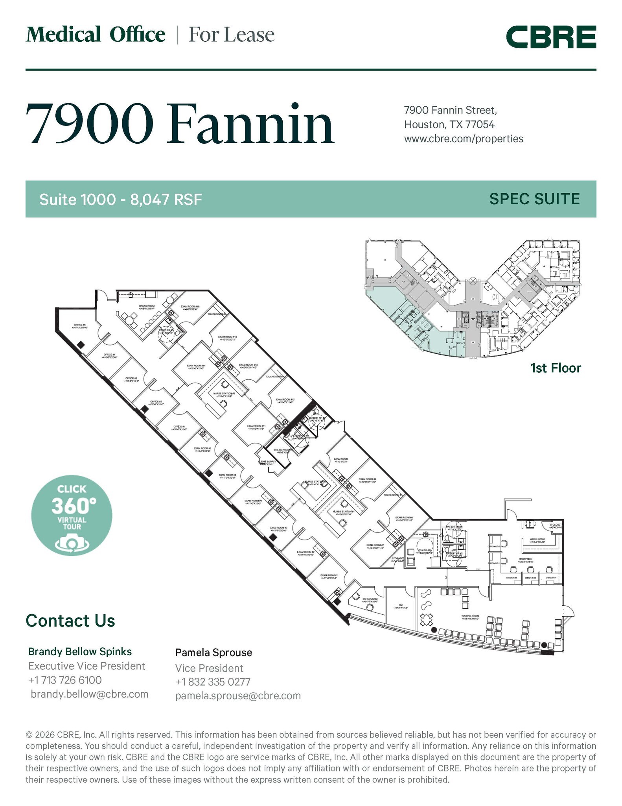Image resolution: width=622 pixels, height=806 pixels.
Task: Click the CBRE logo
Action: click(x=550, y=37)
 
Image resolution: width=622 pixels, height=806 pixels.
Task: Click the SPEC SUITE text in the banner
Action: click(x=534, y=199)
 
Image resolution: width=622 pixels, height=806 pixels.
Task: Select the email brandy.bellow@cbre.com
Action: click(x=90, y=694)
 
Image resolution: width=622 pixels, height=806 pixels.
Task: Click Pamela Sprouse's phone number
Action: click(x=213, y=682)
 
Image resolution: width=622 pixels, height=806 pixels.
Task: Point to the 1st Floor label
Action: click(x=555, y=368)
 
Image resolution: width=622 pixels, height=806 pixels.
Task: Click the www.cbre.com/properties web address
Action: click(x=464, y=139)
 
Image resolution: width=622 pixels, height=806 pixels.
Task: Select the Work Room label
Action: click(x=537, y=540)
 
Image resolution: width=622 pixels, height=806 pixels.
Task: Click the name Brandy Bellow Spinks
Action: click(x=80, y=652)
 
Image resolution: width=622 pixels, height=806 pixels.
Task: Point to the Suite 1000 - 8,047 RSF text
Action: click(x=120, y=200)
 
